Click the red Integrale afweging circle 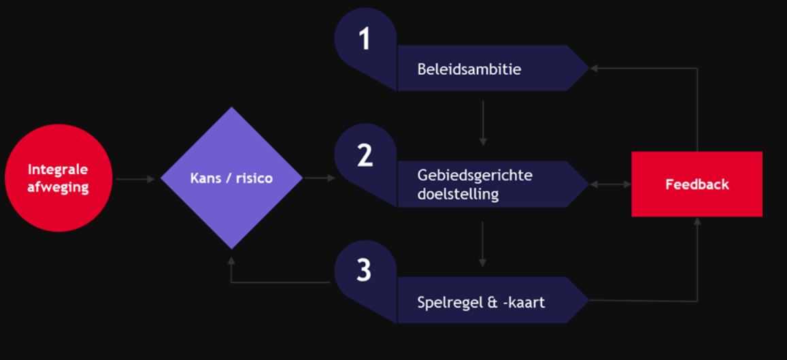(x=58, y=178)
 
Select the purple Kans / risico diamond (x=231, y=178)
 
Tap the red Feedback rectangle (x=697, y=184)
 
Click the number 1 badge (x=365, y=40)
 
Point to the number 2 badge (x=365, y=156)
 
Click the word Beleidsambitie (x=469, y=69)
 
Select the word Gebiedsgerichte (x=475, y=175)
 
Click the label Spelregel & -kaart (x=481, y=301)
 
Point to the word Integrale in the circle (x=58, y=170)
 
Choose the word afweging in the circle (x=58, y=187)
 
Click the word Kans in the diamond (x=205, y=178)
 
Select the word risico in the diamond (x=253, y=178)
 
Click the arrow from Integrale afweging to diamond (x=136, y=180)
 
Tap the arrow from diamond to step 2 (x=319, y=179)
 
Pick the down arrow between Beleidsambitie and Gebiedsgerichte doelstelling (x=482, y=122)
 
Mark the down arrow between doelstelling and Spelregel (x=482, y=242)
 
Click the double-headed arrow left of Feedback (x=610, y=184)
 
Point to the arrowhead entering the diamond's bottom (x=231, y=260)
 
